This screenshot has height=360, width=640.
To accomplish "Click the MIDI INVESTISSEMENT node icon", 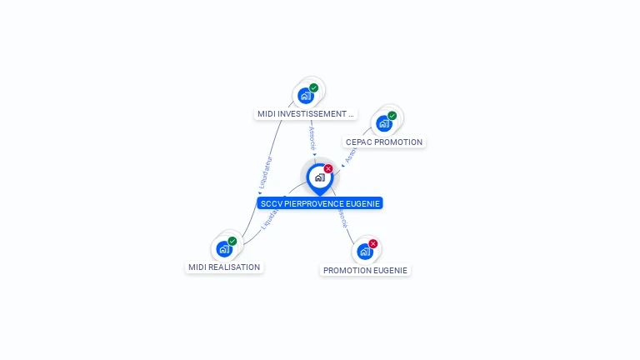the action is click(306, 95).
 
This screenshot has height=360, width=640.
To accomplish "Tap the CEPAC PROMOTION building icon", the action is click(384, 123).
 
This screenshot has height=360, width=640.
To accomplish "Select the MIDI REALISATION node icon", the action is click(224, 248).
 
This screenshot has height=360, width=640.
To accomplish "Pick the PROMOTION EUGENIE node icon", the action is click(365, 251).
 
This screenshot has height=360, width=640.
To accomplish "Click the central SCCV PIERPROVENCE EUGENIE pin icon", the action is click(319, 177).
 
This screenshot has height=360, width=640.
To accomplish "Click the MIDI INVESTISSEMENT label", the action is click(305, 113).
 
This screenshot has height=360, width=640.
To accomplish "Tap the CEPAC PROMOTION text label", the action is click(384, 142).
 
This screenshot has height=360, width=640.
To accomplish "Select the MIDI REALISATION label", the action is click(224, 267).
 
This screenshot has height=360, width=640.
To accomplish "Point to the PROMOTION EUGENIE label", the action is click(366, 270).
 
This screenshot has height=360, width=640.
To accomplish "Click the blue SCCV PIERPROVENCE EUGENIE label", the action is click(320, 203).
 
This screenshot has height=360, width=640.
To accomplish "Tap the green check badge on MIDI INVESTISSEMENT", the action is click(314, 87).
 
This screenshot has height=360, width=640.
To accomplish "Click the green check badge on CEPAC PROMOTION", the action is click(392, 116).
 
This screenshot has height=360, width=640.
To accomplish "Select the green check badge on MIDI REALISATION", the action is click(232, 241).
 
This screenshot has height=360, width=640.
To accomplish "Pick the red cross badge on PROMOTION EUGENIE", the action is click(373, 243).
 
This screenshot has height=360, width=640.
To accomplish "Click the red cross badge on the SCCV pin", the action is click(328, 168).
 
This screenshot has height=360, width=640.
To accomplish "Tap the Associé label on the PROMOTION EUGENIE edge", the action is click(342, 217).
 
